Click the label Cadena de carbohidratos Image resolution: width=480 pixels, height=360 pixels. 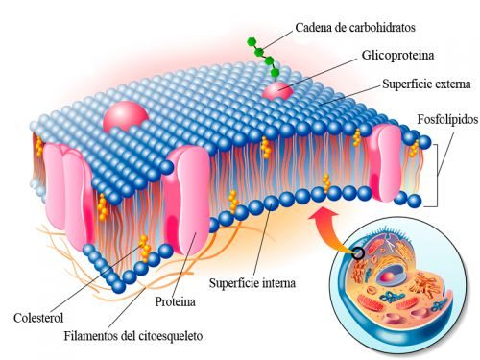(x=355, y=28)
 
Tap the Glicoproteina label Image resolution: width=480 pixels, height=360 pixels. (x=398, y=56)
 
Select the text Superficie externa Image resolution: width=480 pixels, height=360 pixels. (x=426, y=84)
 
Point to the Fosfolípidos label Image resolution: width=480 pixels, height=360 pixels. (x=447, y=119)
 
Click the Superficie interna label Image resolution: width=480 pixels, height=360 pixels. (x=252, y=283)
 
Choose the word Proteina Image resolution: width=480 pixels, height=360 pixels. (x=175, y=301)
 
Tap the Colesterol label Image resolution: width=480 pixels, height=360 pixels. (x=38, y=318)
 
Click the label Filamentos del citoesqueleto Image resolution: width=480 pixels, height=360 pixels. (x=133, y=336)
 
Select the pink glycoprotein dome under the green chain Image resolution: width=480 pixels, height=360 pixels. (x=277, y=90)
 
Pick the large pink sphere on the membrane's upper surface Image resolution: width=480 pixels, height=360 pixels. (x=126, y=116)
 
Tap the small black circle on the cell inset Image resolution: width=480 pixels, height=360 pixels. (x=358, y=253)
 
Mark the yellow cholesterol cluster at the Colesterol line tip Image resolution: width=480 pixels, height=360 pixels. (x=145, y=249)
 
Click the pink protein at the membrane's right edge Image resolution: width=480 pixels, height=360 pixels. (x=385, y=162)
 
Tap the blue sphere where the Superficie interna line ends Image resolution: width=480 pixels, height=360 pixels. (x=272, y=204)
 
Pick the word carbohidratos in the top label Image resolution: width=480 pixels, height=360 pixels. (x=382, y=28)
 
